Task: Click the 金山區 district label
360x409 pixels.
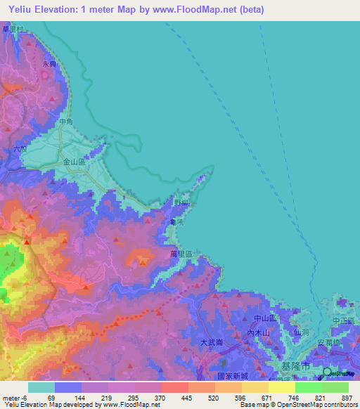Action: [x=74, y=162]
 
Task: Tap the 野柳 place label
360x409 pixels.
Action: [x=181, y=203]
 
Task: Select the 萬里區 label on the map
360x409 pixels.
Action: [x=181, y=252]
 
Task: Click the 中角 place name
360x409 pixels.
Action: [x=66, y=122]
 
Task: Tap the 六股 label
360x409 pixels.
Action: [x=20, y=149]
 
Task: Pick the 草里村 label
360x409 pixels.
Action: [x=13, y=29]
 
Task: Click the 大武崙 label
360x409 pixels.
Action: [x=212, y=342]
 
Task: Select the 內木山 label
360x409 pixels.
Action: [x=258, y=333]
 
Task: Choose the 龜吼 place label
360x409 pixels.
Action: [x=176, y=222]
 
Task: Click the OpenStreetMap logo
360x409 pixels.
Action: [x=338, y=372]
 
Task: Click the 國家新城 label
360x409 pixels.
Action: [x=232, y=376]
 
